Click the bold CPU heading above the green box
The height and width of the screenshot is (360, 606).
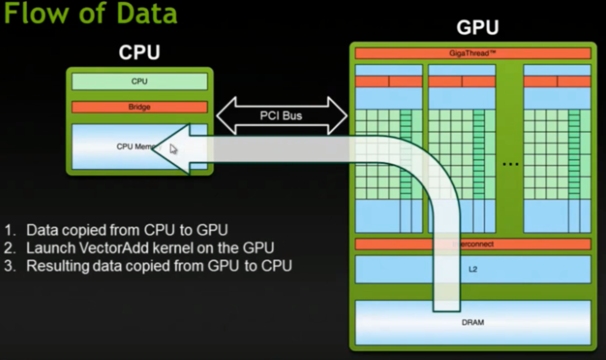(139, 53)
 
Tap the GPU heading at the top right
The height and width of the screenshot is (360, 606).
(478, 28)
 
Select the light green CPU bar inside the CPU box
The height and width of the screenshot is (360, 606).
(139, 82)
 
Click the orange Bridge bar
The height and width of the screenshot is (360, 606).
(139, 107)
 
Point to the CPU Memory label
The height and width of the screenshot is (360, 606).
(135, 146)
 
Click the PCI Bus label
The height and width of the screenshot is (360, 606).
(282, 114)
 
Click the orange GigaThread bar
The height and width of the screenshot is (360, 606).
(472, 53)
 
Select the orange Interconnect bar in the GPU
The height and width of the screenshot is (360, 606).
(472, 244)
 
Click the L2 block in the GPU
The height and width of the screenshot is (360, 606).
(472, 270)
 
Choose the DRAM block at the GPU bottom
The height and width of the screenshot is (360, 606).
(472, 322)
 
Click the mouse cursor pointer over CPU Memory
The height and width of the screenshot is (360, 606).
(173, 150)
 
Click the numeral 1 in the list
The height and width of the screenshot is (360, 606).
(9, 230)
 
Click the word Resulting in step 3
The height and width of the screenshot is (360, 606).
(56, 266)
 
